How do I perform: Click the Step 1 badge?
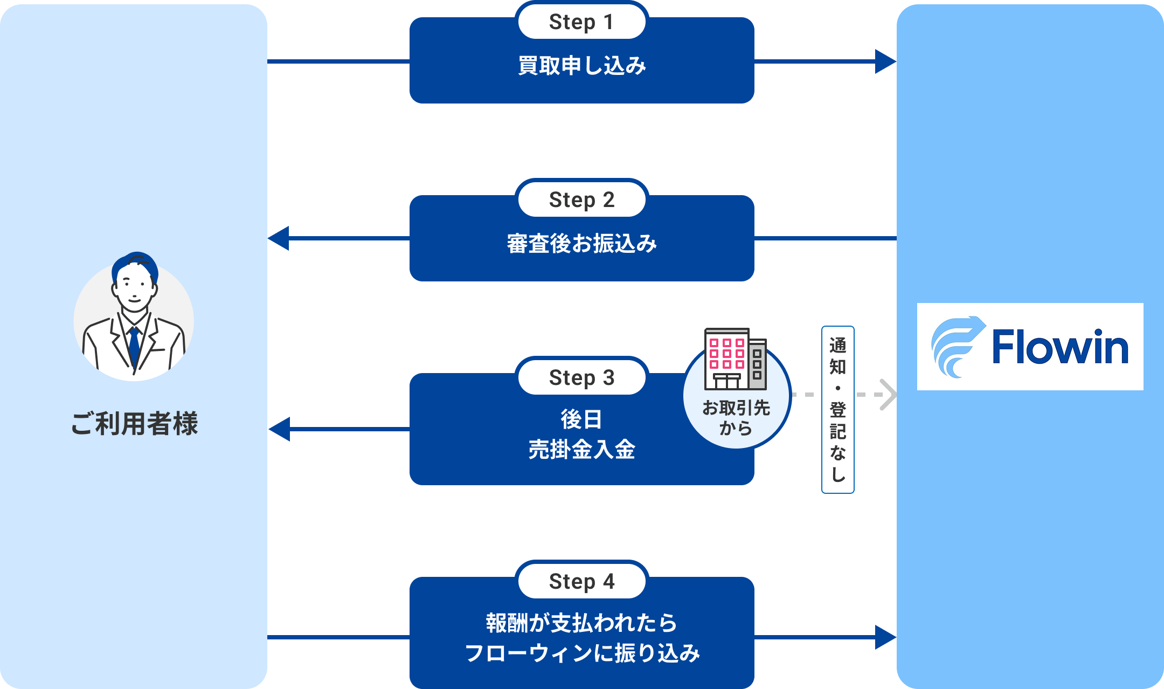(581, 22)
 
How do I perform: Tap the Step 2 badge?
(581, 200)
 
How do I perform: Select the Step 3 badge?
(581, 378)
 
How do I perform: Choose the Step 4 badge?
(581, 582)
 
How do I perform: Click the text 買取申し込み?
(581, 66)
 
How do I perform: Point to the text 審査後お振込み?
(581, 244)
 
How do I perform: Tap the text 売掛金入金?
(581, 450)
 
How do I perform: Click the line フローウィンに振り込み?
(581, 653)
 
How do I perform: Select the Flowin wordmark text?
(1060, 347)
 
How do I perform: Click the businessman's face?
(134, 288)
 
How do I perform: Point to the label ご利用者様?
(134, 423)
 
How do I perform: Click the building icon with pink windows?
(735, 359)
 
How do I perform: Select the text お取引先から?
(736, 418)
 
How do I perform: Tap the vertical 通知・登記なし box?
(837, 410)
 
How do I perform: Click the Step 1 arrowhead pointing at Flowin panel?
(885, 61)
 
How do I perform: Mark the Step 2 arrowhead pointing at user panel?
(279, 238)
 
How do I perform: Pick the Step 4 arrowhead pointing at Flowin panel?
(885, 637)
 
